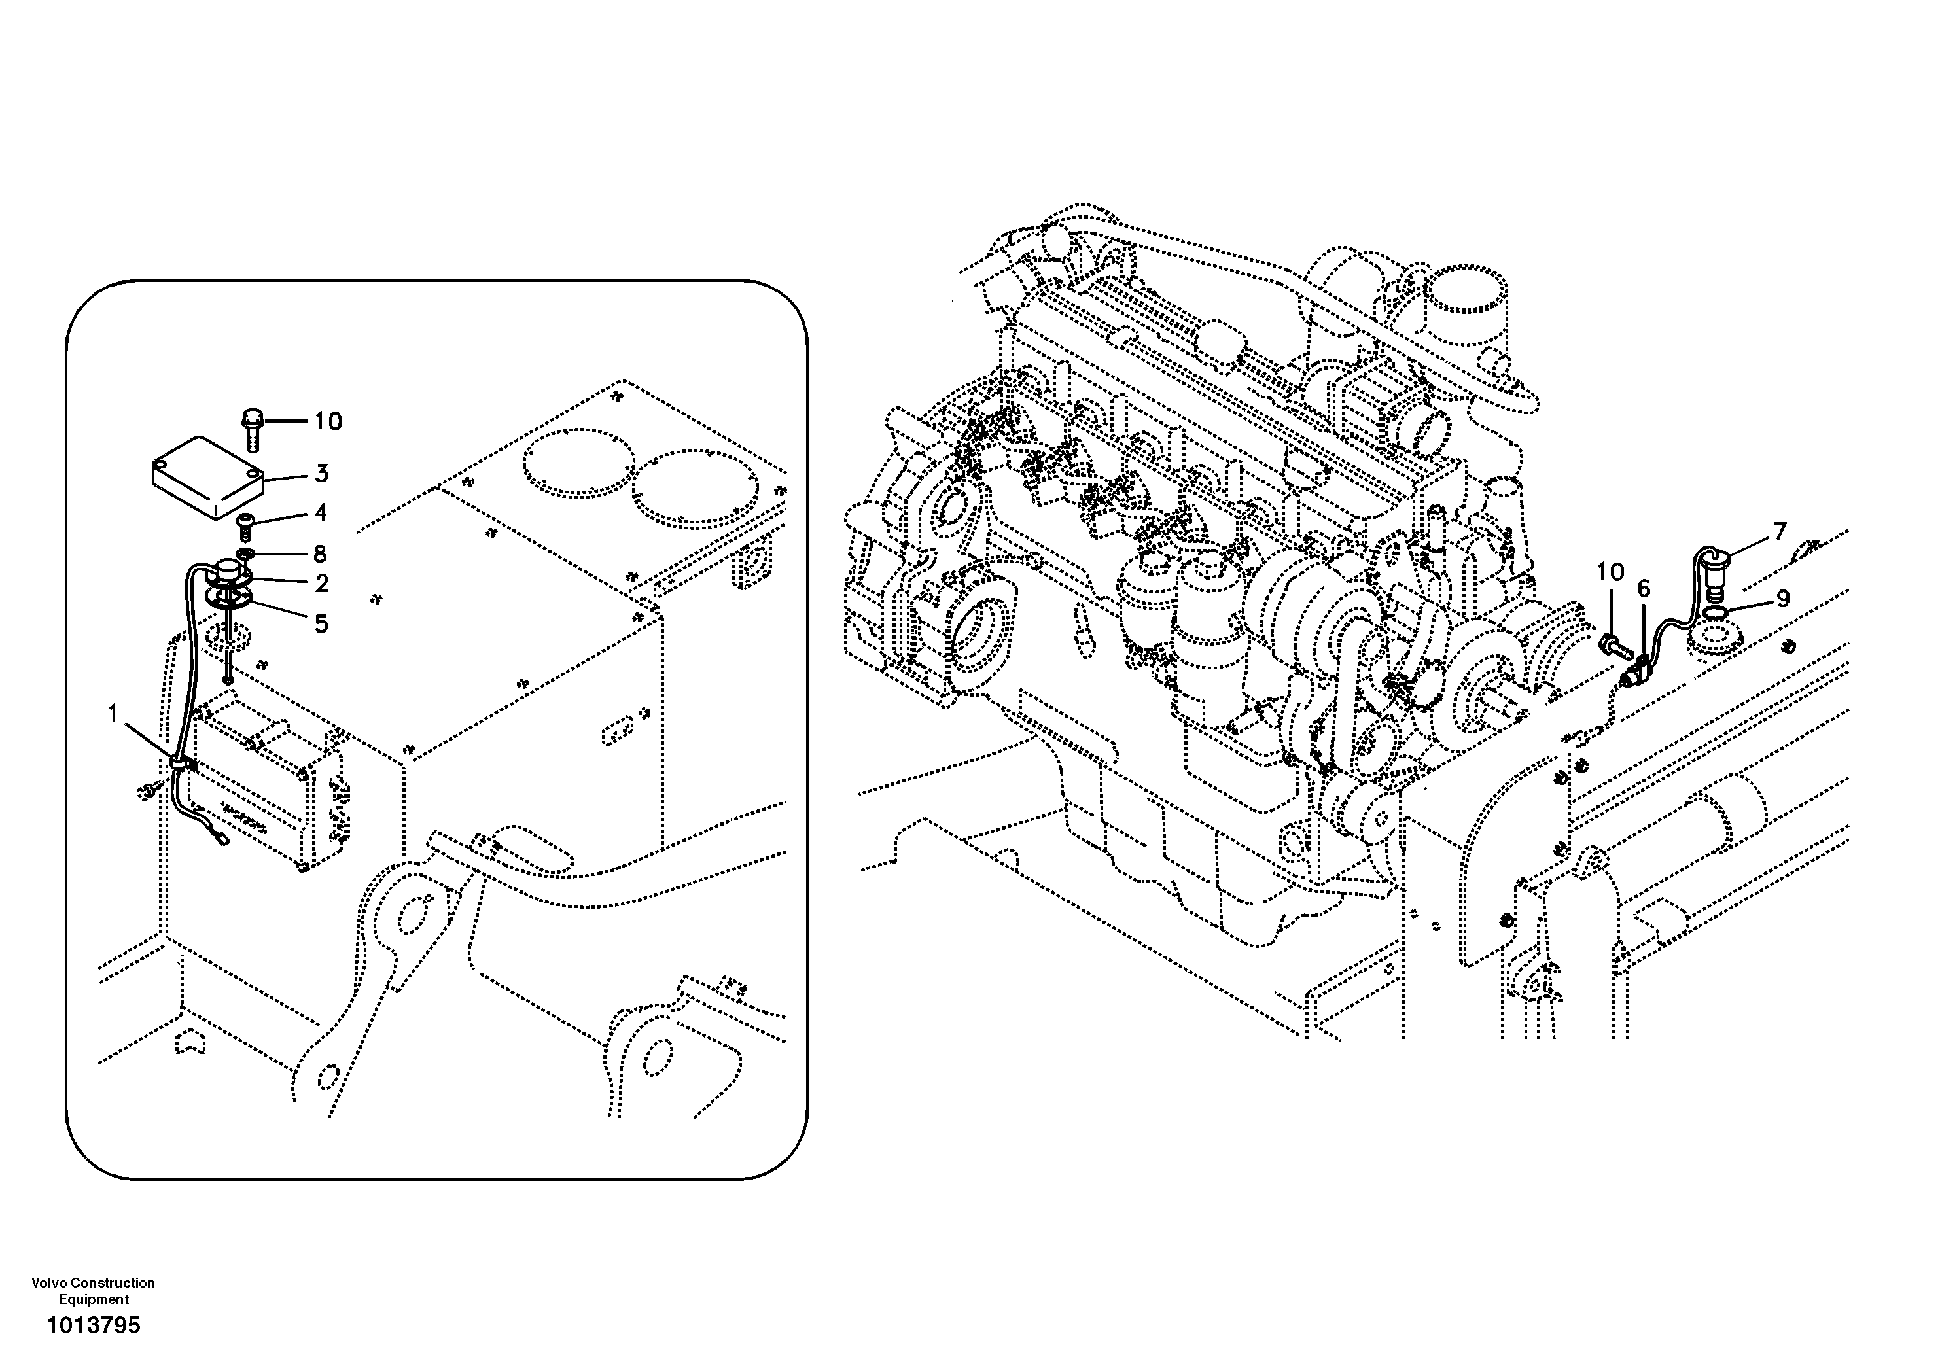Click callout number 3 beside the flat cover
point(321,474)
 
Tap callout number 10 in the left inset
point(328,421)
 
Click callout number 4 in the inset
point(320,513)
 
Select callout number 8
point(320,554)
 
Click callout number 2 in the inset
point(321,583)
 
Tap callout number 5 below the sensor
point(321,623)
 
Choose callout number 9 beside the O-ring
point(1783,598)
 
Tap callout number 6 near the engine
point(1644,588)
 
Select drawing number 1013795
point(93,1325)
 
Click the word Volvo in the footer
point(49,1283)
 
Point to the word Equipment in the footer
point(93,1299)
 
